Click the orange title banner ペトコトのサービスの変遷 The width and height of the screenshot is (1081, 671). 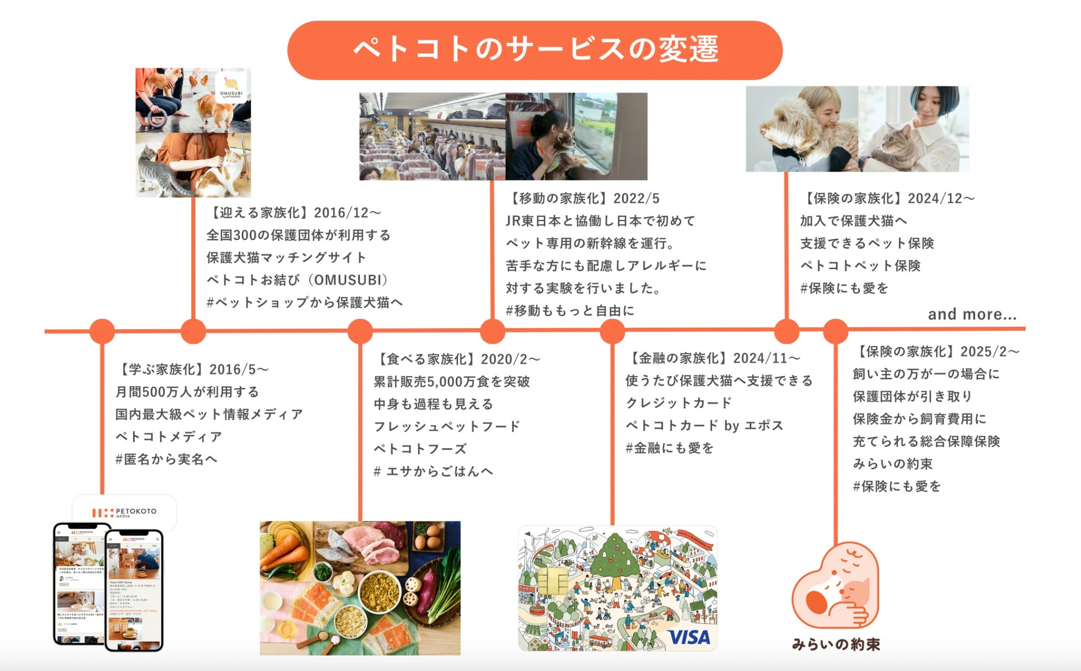tap(534, 50)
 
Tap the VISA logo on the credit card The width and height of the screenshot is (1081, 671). tap(689, 637)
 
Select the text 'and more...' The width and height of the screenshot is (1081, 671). tap(972, 314)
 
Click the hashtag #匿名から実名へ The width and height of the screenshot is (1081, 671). tap(166, 459)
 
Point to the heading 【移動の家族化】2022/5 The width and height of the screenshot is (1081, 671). tap(583, 198)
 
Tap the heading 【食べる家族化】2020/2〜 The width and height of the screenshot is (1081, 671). tap(457, 359)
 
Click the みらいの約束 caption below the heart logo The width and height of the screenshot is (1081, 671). tap(836, 644)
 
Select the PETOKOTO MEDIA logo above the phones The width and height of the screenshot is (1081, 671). tap(124, 513)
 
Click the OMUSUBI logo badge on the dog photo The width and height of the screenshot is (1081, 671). tap(231, 87)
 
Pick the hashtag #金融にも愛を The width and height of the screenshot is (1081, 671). tap(670, 448)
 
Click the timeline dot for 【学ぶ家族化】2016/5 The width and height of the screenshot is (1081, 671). tap(102, 331)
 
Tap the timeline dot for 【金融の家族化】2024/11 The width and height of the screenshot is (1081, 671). tap(612, 331)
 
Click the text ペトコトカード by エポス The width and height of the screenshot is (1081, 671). tap(704, 426)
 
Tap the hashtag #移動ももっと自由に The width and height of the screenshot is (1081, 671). tap(570, 311)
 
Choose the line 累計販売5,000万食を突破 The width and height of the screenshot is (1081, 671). tap(452, 382)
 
